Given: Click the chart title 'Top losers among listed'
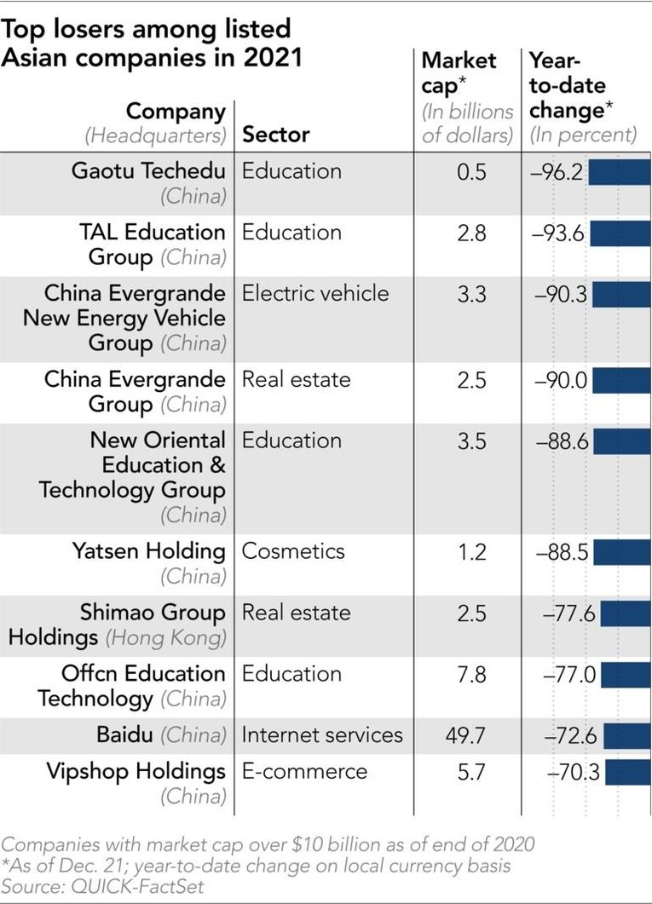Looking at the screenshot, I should coord(147,28).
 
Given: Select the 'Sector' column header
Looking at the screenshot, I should coord(276,135).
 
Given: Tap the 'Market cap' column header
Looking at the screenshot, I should coord(459,72).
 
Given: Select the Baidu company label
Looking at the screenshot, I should coord(118,734).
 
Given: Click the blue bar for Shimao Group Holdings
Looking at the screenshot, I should coord(626,613).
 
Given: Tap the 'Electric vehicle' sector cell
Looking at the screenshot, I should coord(315,294).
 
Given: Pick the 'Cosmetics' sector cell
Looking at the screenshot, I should coord(293,550).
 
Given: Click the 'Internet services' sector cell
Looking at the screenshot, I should coord(322,734).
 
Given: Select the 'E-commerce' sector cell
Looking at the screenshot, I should coord(304,771).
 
